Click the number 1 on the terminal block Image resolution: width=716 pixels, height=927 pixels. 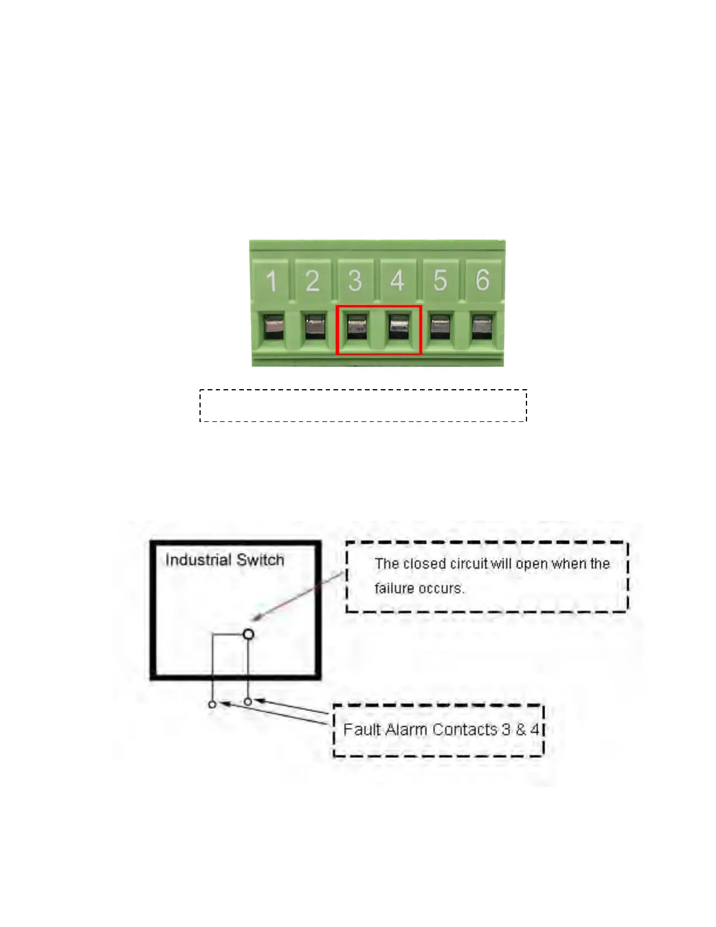coord(271,281)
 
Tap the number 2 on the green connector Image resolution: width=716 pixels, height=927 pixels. coord(313,281)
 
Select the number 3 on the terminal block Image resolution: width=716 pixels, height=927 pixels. coord(355,281)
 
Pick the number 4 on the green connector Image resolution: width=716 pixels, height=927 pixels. coord(398,280)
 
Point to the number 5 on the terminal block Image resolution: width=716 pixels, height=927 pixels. coord(440,280)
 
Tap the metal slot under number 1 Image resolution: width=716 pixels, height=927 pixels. coord(273,327)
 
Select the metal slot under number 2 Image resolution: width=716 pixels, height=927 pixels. coord(316,327)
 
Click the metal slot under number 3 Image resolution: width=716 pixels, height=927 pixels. coord(356,327)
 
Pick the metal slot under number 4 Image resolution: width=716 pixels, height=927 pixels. coord(400,327)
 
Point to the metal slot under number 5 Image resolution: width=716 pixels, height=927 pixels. coord(440,327)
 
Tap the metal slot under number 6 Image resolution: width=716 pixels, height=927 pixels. coord(483,327)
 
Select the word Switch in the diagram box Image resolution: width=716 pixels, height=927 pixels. coord(260,560)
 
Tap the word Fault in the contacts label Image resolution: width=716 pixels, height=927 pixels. coord(362,730)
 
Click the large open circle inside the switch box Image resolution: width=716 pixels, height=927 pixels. coord(249,634)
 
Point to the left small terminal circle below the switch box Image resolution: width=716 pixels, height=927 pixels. coord(212,705)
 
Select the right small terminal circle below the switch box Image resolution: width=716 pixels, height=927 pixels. coord(249,701)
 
